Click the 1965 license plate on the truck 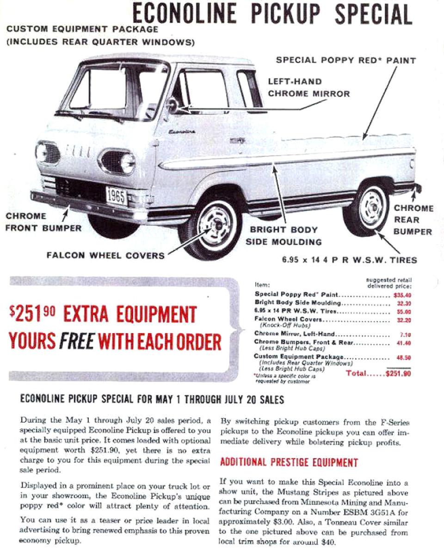tap(117, 196)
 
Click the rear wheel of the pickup tap(372, 208)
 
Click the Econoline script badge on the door tap(182, 132)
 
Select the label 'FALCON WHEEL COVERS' tap(105, 255)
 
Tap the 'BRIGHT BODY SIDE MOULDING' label tap(284, 235)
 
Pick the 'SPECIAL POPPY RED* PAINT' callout tap(346, 60)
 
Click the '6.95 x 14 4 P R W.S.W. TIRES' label tap(349, 259)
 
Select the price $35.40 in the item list tap(402, 294)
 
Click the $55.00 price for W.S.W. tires tap(402, 311)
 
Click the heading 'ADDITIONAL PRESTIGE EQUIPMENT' tap(289, 462)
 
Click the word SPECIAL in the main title tap(373, 14)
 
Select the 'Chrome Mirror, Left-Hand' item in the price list tap(295, 334)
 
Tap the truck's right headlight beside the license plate tap(127, 163)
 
